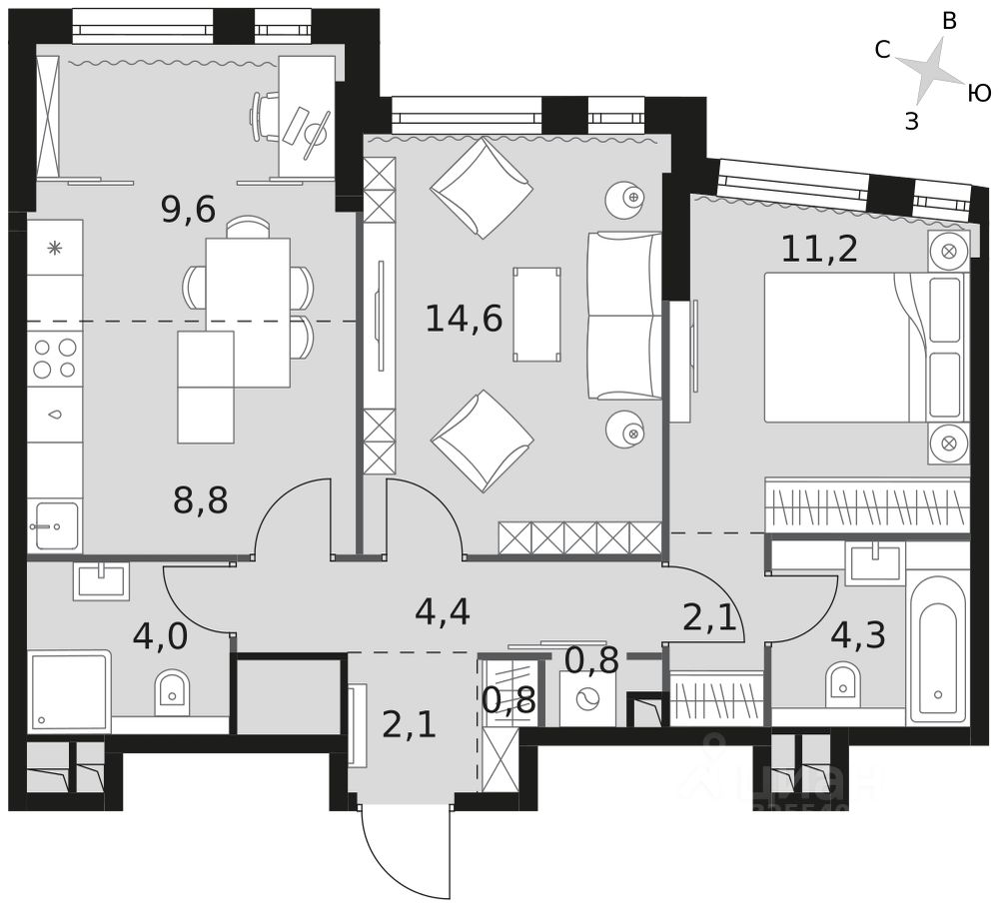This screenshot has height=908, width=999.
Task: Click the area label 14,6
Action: (464, 319)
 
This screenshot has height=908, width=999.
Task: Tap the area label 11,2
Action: (819, 249)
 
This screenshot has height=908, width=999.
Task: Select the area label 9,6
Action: (188, 209)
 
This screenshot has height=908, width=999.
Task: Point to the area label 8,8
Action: (200, 500)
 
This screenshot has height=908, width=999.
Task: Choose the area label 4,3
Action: (857, 634)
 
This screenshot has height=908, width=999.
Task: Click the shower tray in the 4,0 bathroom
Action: (69, 690)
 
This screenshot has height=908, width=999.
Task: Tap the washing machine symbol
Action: (588, 698)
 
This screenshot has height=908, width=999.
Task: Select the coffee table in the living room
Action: (536, 314)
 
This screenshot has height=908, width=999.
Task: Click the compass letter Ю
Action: (979, 94)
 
